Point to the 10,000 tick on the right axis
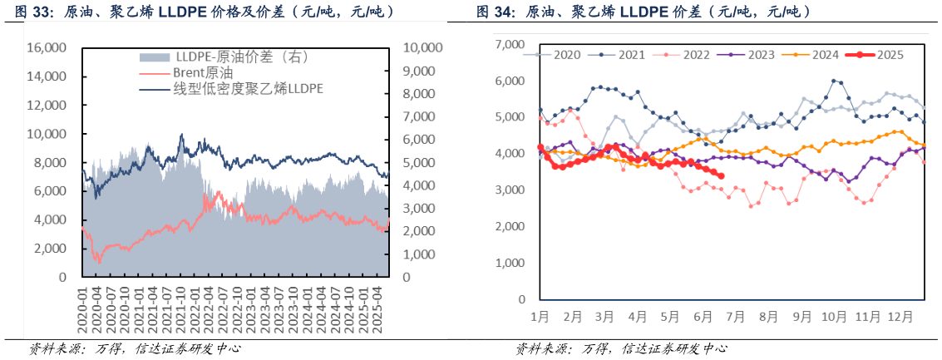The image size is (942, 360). point(423,48)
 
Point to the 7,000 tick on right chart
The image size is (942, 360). point(509,44)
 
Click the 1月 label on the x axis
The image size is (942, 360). point(539,317)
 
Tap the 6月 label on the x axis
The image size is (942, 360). point(703,317)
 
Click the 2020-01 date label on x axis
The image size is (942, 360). point(82,311)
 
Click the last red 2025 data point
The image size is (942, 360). point(720,175)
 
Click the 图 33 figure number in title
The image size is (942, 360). point(27,12)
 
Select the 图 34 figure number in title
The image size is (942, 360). point(493,12)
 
